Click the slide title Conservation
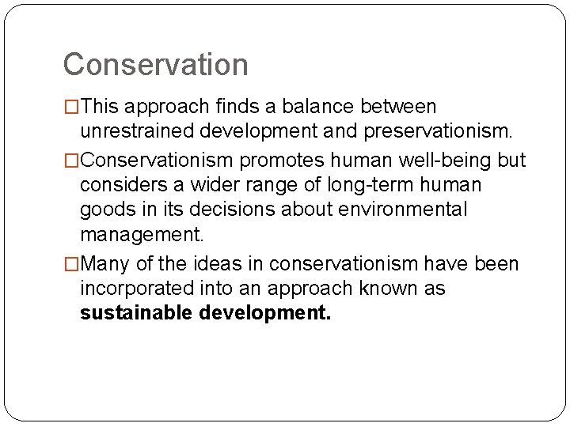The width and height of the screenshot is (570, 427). (x=155, y=64)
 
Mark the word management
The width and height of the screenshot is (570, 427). (x=142, y=234)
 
